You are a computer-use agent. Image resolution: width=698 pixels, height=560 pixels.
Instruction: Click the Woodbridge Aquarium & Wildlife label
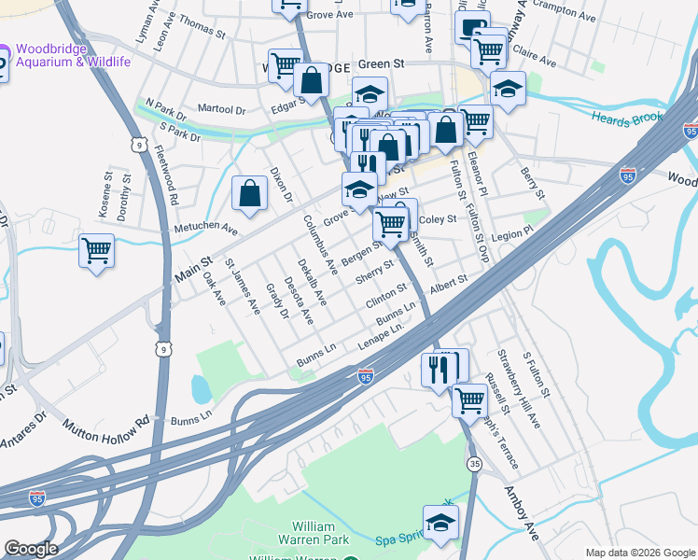(70, 55)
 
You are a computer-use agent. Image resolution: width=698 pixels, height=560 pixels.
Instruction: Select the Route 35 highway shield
(476, 464)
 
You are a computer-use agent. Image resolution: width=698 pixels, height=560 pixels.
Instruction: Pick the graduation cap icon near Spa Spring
(440, 524)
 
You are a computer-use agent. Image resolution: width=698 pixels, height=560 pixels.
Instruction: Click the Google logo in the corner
(30, 549)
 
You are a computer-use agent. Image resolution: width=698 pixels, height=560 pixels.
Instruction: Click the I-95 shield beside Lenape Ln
(366, 375)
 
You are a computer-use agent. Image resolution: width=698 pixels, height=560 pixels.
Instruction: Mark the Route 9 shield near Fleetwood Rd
(139, 145)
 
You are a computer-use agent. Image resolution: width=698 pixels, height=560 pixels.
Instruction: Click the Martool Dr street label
(214, 110)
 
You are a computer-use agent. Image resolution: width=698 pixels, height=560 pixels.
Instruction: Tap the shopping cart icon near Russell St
(469, 399)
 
